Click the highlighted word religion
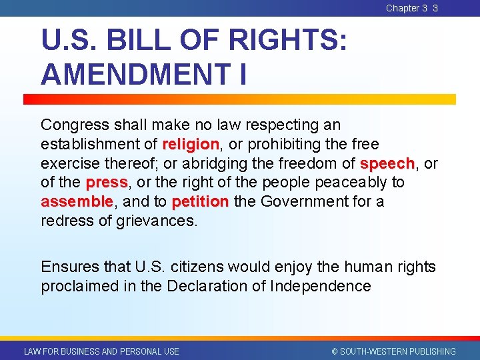point(191,144)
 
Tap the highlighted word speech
point(387,163)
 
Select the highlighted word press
point(107,182)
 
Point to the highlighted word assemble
point(77,201)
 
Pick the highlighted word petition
point(200,201)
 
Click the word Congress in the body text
point(73,125)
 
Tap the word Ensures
point(69,267)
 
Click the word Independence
point(321,287)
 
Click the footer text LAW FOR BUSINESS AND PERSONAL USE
point(101,351)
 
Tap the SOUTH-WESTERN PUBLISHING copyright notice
point(394,351)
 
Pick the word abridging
point(201,163)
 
